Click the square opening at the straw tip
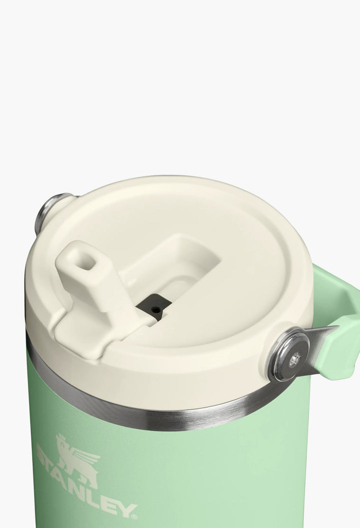point(83,261)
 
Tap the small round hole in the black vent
point(154,309)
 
